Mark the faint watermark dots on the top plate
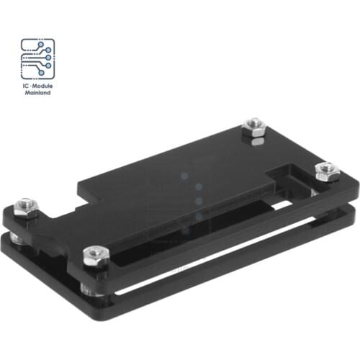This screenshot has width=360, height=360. coord(193,194)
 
